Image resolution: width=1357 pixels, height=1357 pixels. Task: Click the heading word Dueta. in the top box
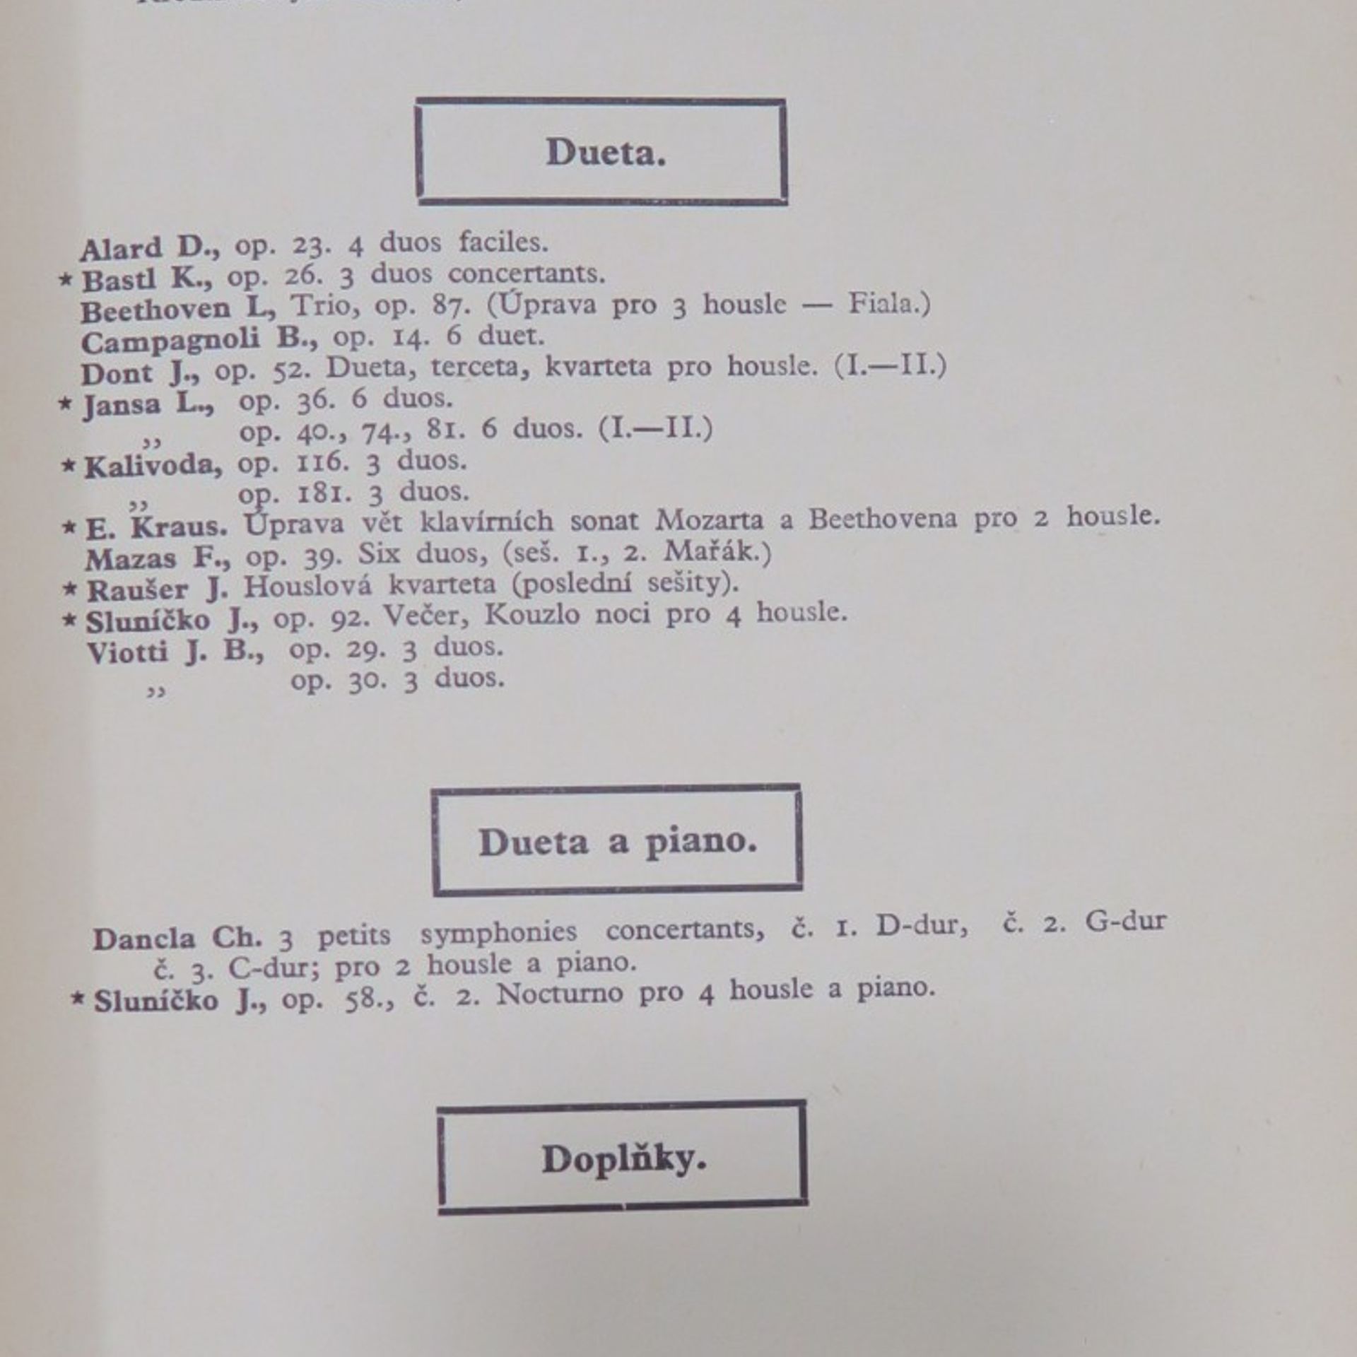(605, 152)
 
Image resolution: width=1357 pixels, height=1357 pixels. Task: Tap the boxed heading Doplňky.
(623, 1160)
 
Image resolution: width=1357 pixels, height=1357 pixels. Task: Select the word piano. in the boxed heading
(700, 842)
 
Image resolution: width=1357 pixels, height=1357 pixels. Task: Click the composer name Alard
(121, 249)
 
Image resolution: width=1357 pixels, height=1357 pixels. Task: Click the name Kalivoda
(153, 466)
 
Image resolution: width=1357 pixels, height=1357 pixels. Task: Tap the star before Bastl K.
(66, 281)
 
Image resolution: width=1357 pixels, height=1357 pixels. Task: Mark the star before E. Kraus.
(69, 527)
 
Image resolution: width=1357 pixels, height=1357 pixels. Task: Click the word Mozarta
(709, 521)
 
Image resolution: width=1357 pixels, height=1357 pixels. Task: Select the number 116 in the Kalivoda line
(322, 463)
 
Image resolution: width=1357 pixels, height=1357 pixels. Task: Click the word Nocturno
(559, 994)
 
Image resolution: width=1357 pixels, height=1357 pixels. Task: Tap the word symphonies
(498, 933)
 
